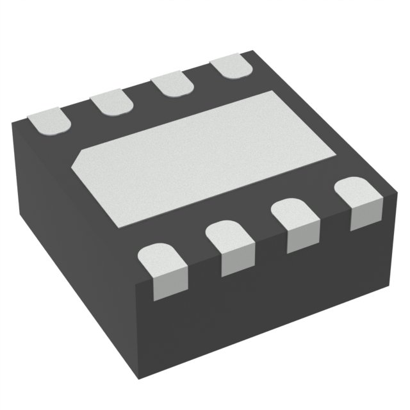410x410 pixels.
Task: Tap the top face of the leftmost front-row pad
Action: (161, 256)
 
